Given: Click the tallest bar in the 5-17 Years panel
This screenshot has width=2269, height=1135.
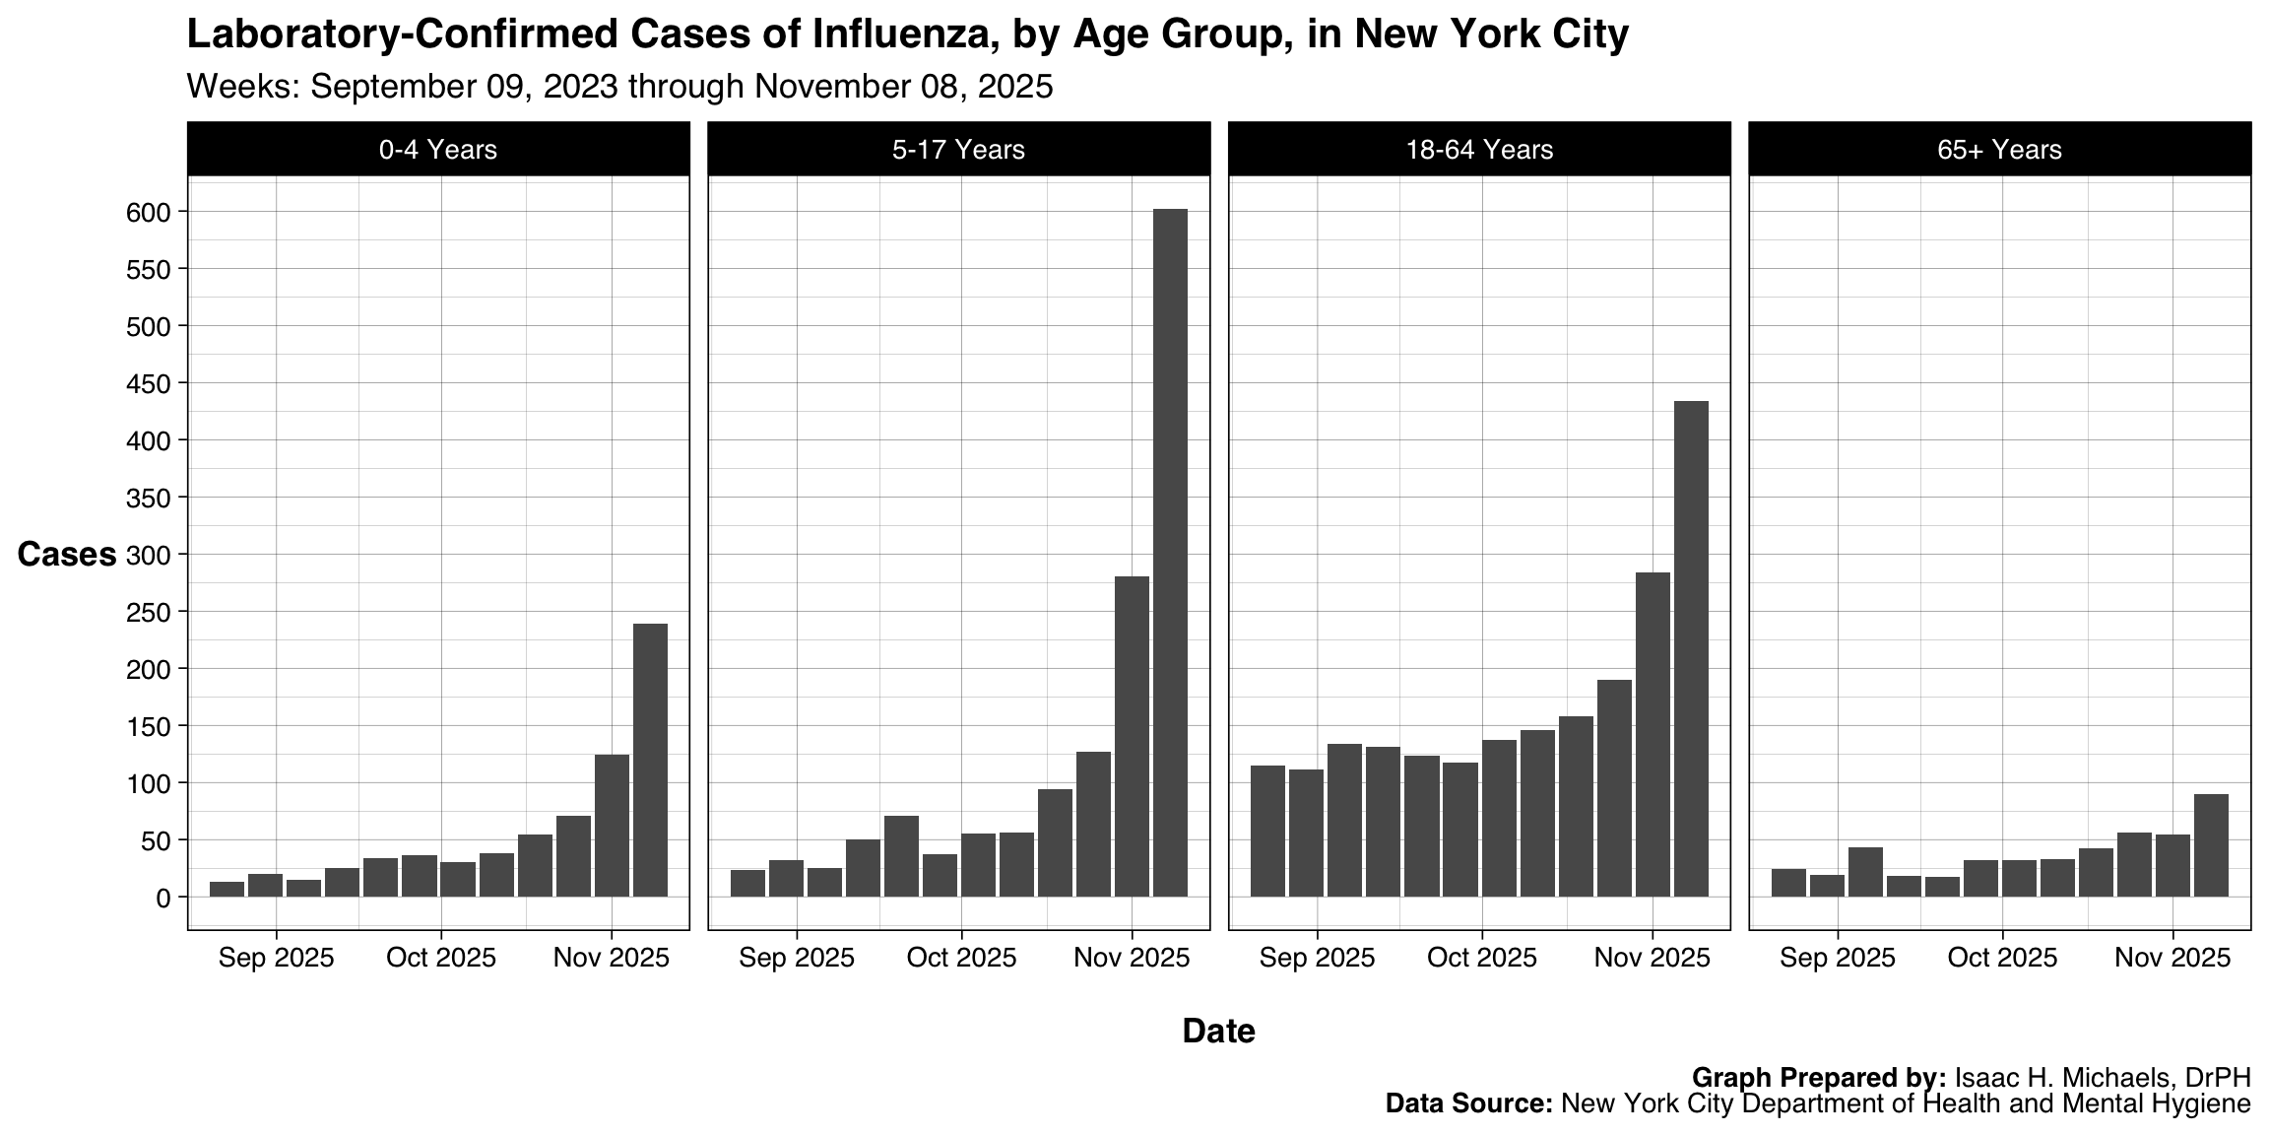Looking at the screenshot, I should pos(1170,552).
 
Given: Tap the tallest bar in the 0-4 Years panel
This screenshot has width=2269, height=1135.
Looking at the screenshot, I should pos(650,760).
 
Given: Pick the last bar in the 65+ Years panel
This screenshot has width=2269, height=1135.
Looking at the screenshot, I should pos(2211,845).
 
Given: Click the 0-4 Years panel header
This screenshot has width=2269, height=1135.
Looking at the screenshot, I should pos(438,150).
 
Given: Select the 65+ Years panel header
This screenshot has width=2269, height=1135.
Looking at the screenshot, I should pos(1999,150).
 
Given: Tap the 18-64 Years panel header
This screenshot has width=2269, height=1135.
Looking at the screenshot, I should pos(1479,150).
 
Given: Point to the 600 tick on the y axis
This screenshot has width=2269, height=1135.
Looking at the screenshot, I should pos(149,212).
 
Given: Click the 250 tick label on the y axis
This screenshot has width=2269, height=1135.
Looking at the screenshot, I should pos(149,612).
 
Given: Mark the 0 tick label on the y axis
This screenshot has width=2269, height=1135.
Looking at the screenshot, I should pos(162,898).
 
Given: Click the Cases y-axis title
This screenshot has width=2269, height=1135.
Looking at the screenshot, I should pos(67,555).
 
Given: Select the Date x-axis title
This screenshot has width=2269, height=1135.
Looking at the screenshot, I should pos(1218,1032).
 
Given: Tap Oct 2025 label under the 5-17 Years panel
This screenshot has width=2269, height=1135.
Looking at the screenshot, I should pos(961,958).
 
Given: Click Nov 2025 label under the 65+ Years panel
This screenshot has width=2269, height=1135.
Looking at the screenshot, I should pos(2172,958).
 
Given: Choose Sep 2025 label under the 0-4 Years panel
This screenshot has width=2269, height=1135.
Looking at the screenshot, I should pos(277,958).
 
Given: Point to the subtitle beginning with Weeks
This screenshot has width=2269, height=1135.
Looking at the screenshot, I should pos(619,87).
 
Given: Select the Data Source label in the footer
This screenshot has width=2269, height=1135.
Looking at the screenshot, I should pos(1467,1103).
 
